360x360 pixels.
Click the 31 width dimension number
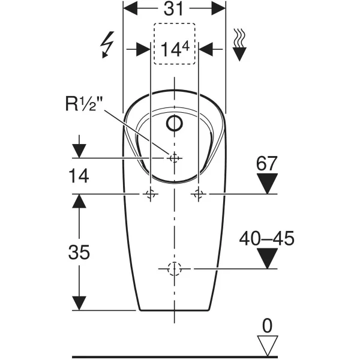point(173,9)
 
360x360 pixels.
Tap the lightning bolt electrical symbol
point(107,45)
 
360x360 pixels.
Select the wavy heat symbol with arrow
point(239,45)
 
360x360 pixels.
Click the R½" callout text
point(84,104)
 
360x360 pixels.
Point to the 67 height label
point(267,163)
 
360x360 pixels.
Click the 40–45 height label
point(267,238)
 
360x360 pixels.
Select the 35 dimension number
point(79,252)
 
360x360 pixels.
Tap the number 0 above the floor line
point(267,326)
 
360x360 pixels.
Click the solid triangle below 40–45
point(267,258)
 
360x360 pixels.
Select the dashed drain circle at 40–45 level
point(175,269)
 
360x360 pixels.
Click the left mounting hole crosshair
point(151,194)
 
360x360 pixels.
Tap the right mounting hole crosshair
point(199,194)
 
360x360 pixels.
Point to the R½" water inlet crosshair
point(175,158)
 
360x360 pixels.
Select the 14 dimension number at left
point(79,176)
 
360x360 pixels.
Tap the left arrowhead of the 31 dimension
point(130,8)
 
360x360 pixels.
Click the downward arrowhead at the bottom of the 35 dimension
point(79,303)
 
